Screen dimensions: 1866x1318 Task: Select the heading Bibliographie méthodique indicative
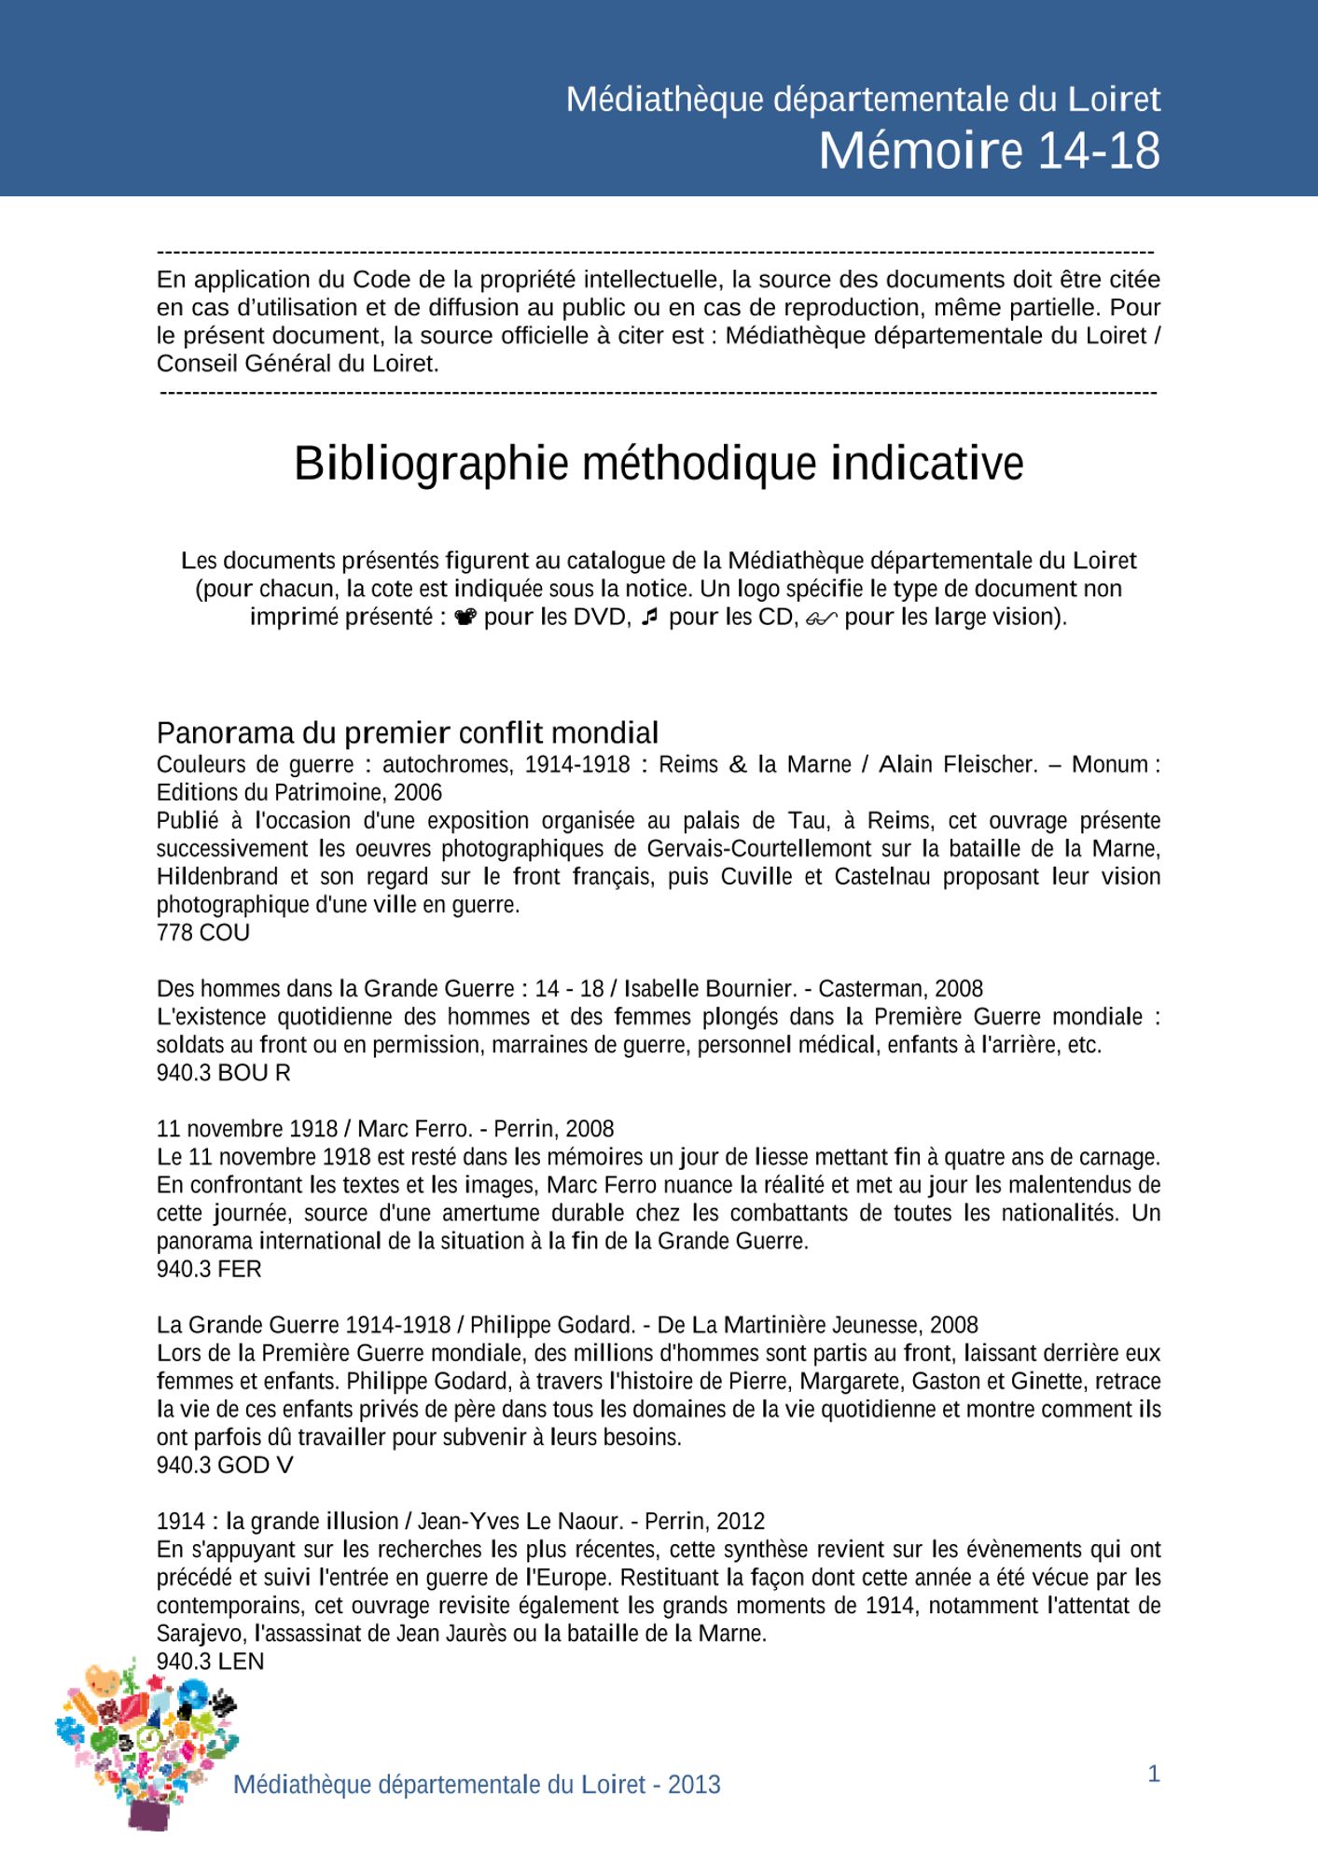(x=659, y=464)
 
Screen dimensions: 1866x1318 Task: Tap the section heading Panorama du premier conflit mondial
(x=408, y=732)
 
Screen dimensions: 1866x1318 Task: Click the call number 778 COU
(x=203, y=932)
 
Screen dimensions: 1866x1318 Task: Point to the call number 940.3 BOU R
(x=224, y=1073)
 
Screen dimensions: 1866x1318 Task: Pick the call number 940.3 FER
(x=209, y=1269)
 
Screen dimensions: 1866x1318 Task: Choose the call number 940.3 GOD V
(x=225, y=1465)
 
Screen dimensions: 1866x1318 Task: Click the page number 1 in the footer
(x=1154, y=1774)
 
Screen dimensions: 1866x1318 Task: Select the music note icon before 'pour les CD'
(x=650, y=617)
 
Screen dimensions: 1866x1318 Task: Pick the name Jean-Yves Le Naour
(x=520, y=1521)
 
